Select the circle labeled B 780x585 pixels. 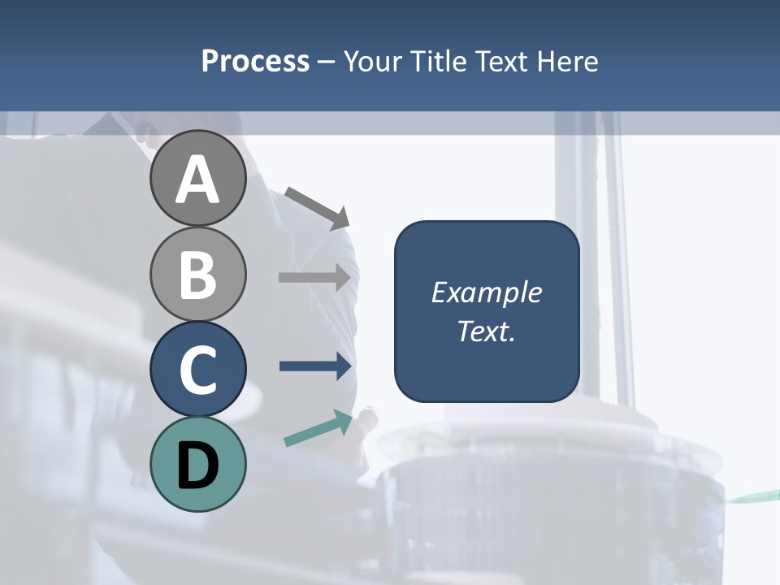pyautogui.click(x=197, y=274)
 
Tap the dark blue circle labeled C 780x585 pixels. pyautogui.click(x=197, y=369)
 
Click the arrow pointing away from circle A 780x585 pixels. pyautogui.click(x=317, y=207)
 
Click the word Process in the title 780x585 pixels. pyautogui.click(x=255, y=61)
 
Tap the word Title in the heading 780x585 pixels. pyautogui.click(x=440, y=61)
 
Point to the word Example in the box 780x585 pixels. pyautogui.click(x=486, y=292)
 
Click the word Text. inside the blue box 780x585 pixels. pyautogui.click(x=486, y=331)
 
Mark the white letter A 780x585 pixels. pyautogui.click(x=197, y=180)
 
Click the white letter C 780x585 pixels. pyautogui.click(x=197, y=370)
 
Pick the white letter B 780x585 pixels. pyautogui.click(x=197, y=275)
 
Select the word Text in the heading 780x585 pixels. pyautogui.click(x=501, y=61)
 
